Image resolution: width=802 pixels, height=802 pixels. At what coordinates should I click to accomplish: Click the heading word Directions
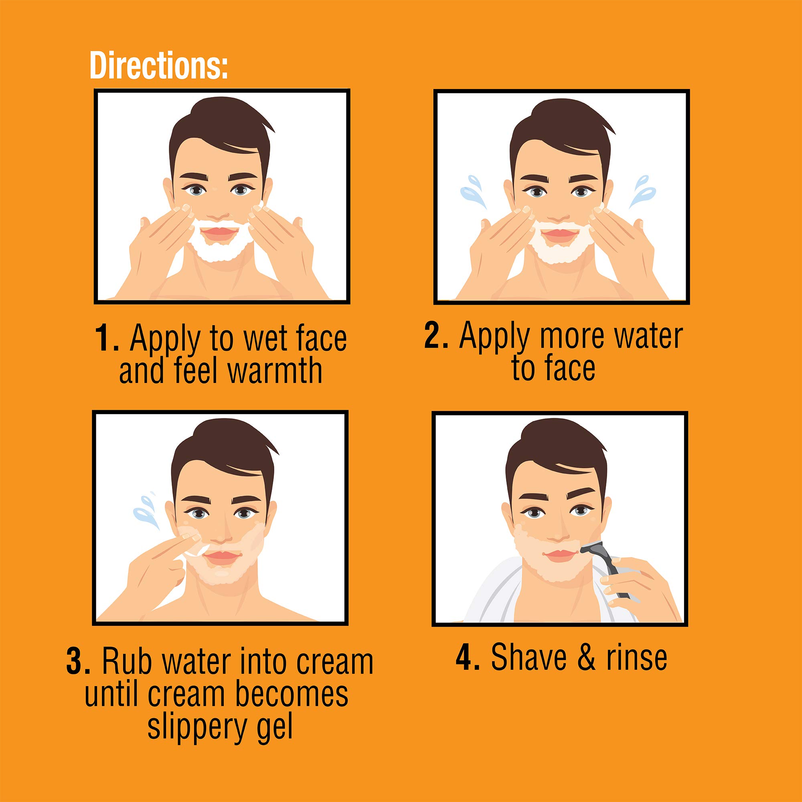tap(158, 65)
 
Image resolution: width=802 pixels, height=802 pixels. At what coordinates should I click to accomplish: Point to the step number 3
tap(78, 662)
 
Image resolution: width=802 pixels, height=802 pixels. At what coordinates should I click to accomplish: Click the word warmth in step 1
tap(275, 371)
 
